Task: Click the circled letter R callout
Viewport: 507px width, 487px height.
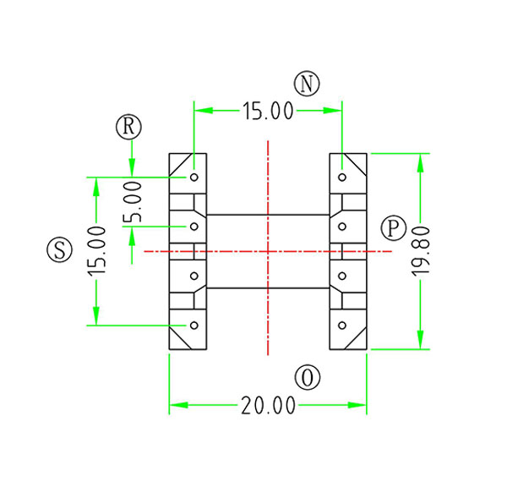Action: coord(128,127)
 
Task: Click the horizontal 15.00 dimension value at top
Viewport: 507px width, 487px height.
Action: coord(267,110)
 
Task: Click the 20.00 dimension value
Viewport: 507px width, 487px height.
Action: coord(267,407)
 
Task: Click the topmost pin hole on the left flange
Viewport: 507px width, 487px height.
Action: coord(194,178)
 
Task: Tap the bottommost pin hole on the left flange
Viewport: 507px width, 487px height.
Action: coord(194,325)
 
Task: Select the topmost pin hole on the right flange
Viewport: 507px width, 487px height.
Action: coord(341,178)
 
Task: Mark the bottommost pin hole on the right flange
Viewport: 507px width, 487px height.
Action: coord(341,325)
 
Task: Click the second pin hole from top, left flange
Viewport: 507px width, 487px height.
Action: coord(194,227)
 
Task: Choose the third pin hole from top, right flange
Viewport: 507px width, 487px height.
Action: coord(341,276)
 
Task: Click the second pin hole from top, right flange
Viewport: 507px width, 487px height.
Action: coord(341,227)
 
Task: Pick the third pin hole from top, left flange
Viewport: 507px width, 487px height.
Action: coord(194,276)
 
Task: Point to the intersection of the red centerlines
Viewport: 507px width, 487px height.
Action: coord(267,251)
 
